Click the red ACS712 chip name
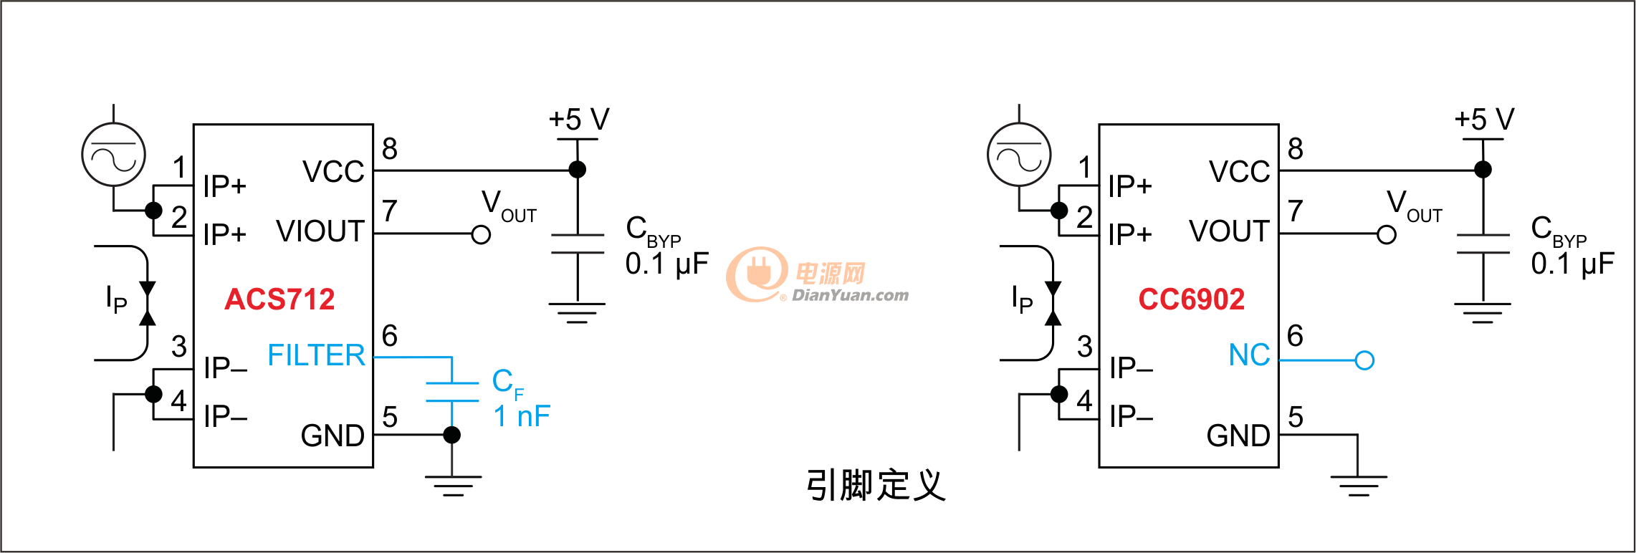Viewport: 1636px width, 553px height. coord(279,299)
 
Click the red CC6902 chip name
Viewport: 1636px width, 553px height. coord(1191,299)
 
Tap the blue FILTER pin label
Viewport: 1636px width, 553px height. coord(316,355)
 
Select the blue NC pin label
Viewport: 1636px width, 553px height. coord(1249,355)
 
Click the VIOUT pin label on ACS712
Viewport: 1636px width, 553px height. coord(320,231)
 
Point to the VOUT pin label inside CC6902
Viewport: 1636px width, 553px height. coord(1229,231)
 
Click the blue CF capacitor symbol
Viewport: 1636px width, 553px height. coord(452,392)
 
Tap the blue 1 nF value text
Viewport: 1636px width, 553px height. coord(522,416)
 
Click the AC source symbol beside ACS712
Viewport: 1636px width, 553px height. coord(113,155)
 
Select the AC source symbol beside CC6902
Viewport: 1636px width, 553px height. coord(1019,155)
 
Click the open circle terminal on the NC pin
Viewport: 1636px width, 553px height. coord(1364,360)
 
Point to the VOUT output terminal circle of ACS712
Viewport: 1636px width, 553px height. coord(482,234)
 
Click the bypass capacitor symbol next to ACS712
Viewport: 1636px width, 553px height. coord(578,244)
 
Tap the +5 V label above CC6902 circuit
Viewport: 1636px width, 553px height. coord(1484,120)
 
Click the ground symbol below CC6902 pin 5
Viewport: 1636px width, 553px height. coord(1358,485)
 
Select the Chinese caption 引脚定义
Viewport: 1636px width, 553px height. coord(876,485)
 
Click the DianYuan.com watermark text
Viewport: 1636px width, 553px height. coord(850,295)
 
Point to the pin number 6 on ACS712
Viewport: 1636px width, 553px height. coord(390,336)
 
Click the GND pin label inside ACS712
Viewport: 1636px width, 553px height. coord(333,436)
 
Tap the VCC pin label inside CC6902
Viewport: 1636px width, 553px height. coord(1239,172)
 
